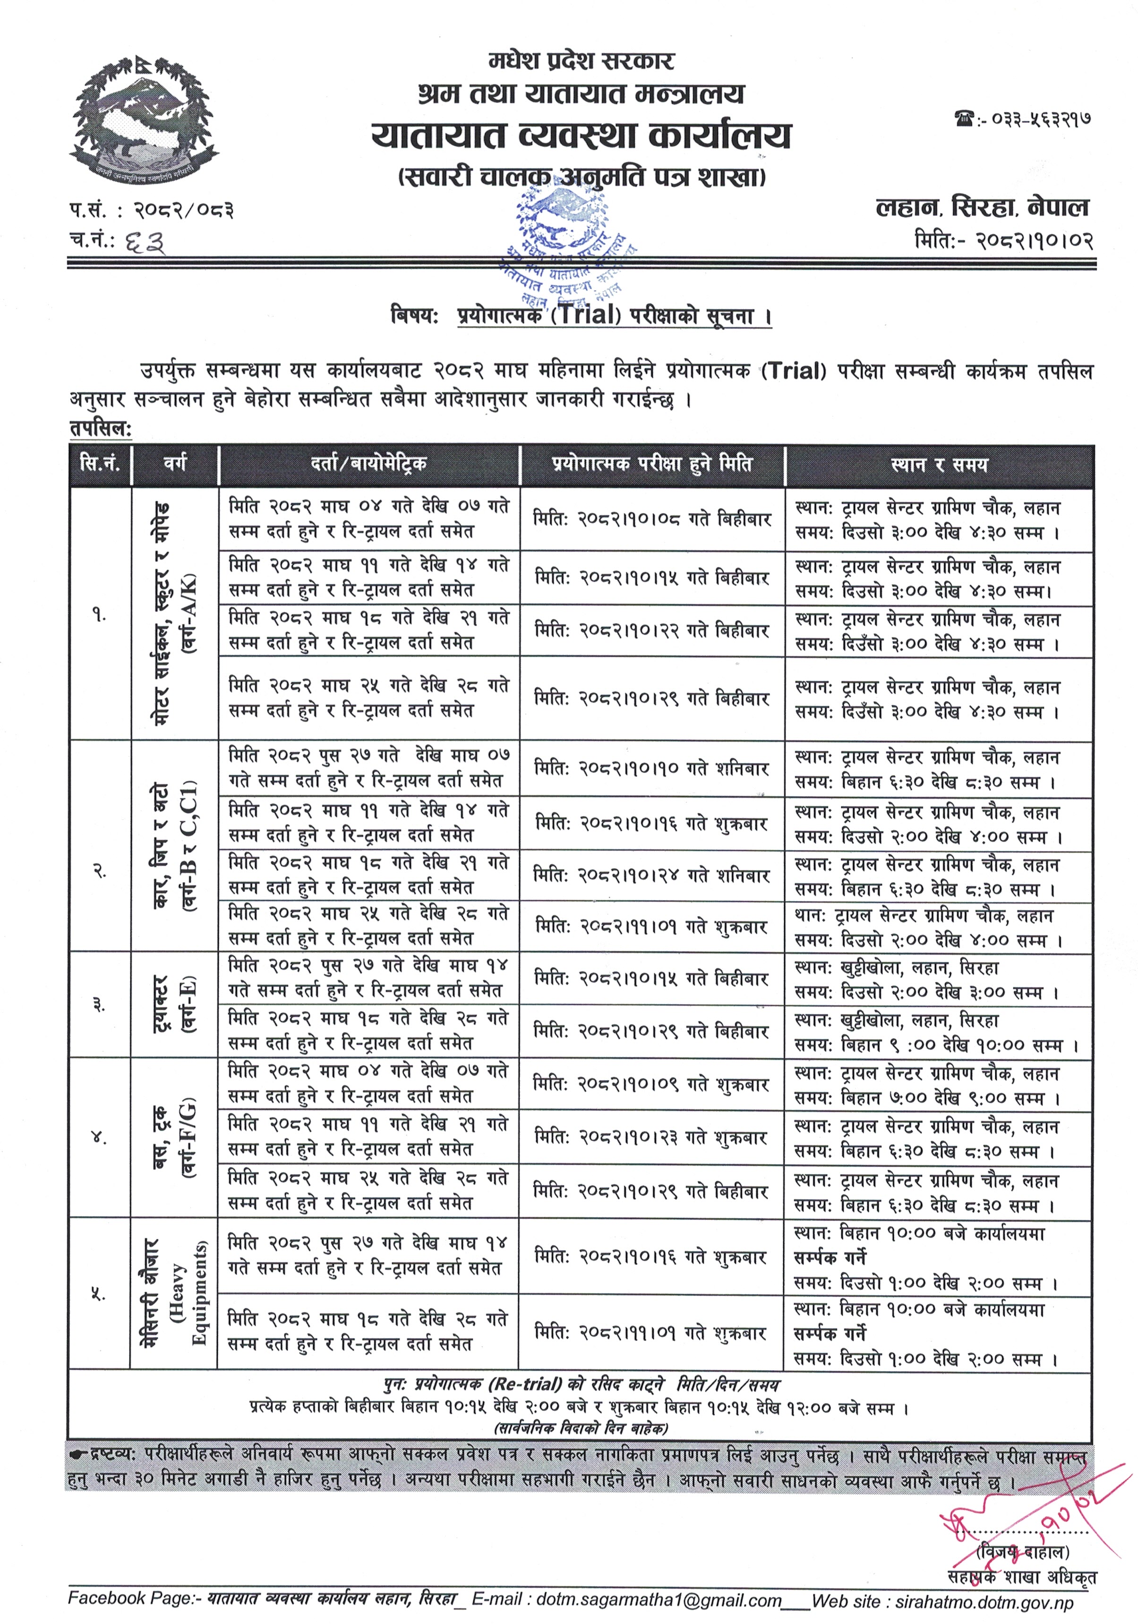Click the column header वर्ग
pyautogui.click(x=175, y=464)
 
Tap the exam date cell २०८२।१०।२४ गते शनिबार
pyautogui.click(x=651, y=876)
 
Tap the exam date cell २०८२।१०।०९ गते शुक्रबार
pyautogui.click(x=651, y=1084)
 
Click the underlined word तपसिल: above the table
pyautogui.click(x=101, y=429)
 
